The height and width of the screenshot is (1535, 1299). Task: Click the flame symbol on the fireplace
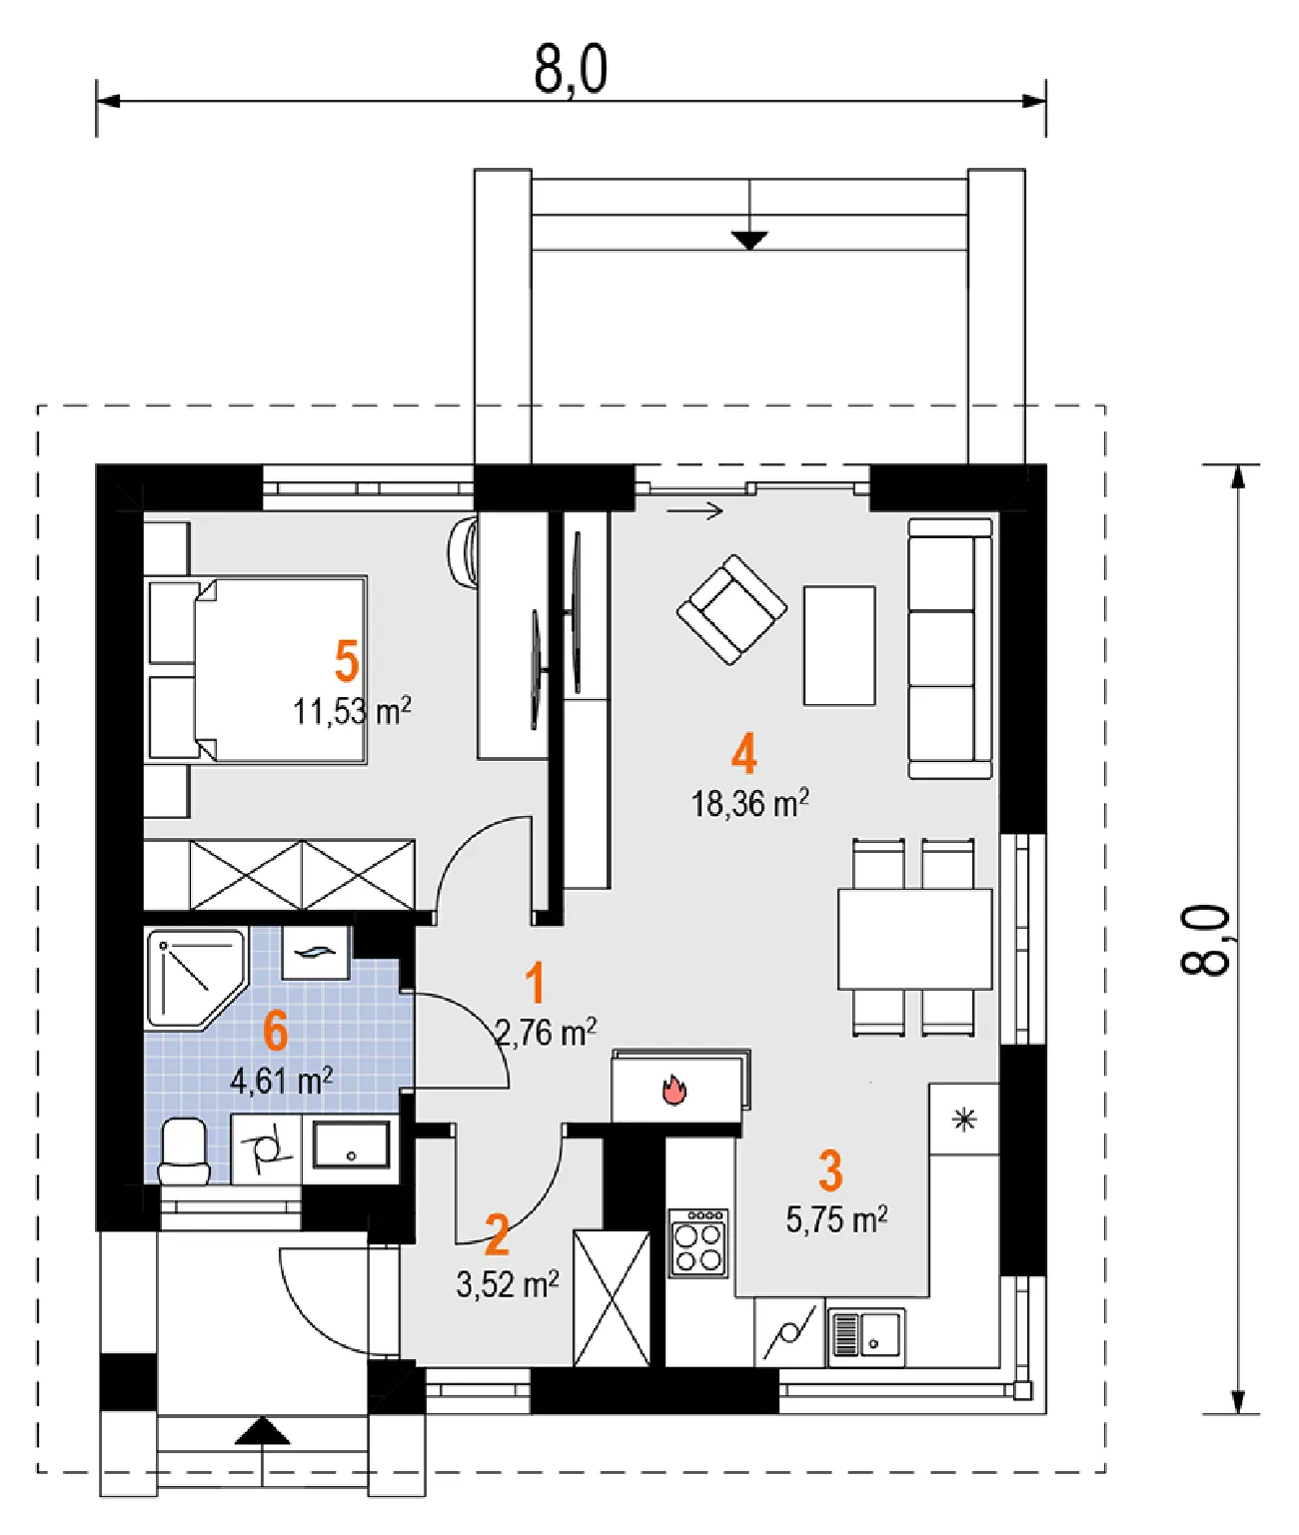click(x=674, y=1091)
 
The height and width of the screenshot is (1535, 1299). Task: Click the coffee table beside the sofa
click(x=839, y=645)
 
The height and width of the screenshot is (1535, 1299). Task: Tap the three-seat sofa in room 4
click(x=950, y=648)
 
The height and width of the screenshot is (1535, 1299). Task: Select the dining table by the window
click(x=915, y=939)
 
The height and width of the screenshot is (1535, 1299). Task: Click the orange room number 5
click(x=347, y=661)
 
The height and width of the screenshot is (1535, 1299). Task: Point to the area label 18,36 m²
click(x=749, y=804)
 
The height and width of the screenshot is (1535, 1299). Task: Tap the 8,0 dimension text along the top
click(x=571, y=69)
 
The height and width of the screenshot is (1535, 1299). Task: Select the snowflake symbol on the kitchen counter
click(x=964, y=1120)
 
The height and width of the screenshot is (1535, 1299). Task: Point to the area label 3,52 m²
click(x=508, y=1283)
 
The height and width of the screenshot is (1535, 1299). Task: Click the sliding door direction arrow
click(x=694, y=510)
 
